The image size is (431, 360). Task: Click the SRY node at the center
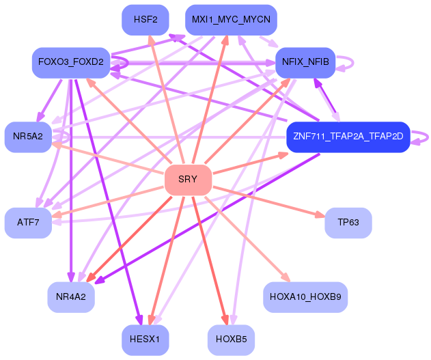click(x=188, y=180)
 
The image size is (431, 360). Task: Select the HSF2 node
click(x=145, y=20)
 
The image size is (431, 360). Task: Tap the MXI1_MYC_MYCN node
click(x=231, y=20)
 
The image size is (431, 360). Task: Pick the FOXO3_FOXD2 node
click(x=71, y=63)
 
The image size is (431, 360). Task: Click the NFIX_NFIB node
click(x=305, y=63)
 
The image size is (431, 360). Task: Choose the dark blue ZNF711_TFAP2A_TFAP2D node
click(x=348, y=137)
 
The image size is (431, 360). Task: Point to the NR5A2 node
click(x=28, y=137)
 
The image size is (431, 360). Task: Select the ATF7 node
click(x=28, y=223)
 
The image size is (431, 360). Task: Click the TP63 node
click(x=348, y=223)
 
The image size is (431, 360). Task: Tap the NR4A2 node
click(x=71, y=297)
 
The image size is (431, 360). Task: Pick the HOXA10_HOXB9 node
click(x=305, y=297)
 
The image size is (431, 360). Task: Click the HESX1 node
click(x=145, y=340)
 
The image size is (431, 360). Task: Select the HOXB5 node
click(x=231, y=340)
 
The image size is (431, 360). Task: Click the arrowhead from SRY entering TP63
click(x=320, y=215)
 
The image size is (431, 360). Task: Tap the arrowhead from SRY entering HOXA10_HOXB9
click(x=286, y=277)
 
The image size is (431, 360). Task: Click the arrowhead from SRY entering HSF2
click(x=151, y=40)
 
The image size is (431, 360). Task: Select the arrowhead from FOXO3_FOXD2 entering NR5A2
click(x=41, y=117)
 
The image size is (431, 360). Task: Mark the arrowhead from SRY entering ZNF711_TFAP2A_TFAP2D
click(x=283, y=155)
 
